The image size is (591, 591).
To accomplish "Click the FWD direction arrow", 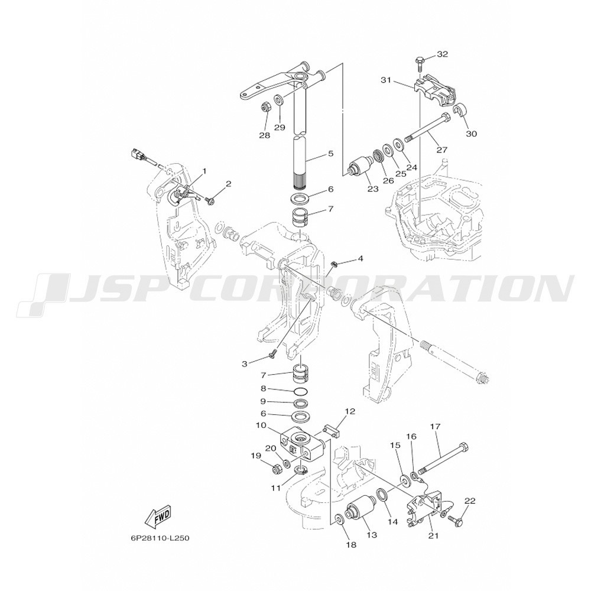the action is [158, 516].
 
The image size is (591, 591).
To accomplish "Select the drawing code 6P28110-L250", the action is [158, 538].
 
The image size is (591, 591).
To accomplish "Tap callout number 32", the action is [443, 54].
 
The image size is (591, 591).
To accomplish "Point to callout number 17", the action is [435, 427].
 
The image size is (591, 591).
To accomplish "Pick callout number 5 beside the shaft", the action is [330, 154].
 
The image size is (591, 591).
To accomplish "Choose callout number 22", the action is [470, 501].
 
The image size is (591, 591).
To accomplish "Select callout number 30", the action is [471, 134].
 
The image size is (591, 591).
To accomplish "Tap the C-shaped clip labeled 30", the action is [460, 111].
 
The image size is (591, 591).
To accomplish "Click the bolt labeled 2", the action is [210, 201].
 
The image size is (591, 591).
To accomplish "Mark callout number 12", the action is [350, 411].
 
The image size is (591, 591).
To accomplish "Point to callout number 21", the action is [433, 535].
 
